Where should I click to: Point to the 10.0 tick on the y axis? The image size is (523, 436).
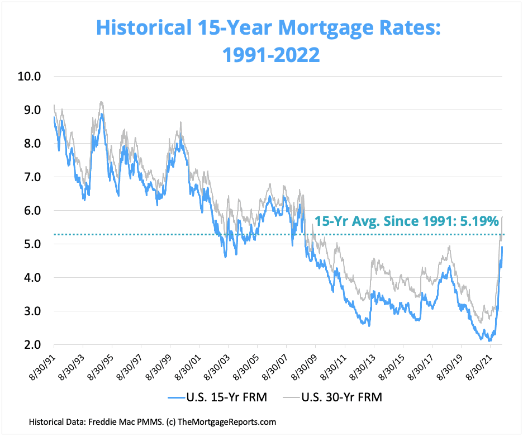(29, 77)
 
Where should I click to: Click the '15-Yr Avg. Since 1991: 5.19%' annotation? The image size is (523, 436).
(407, 221)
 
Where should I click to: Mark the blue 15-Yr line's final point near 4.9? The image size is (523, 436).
(502, 247)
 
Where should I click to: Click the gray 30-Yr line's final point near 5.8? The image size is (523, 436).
(502, 217)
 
